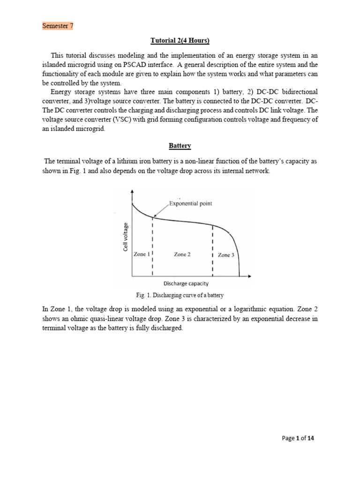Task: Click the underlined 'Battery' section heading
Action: [x=180, y=146]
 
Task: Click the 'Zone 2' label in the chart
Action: [x=182, y=254]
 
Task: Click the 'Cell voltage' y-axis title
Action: [x=126, y=237]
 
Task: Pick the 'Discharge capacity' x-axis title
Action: [x=186, y=283]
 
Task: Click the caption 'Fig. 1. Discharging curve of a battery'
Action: [x=179, y=295]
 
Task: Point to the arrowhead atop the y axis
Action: [x=133, y=192]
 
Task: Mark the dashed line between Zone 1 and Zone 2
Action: [x=153, y=246]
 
